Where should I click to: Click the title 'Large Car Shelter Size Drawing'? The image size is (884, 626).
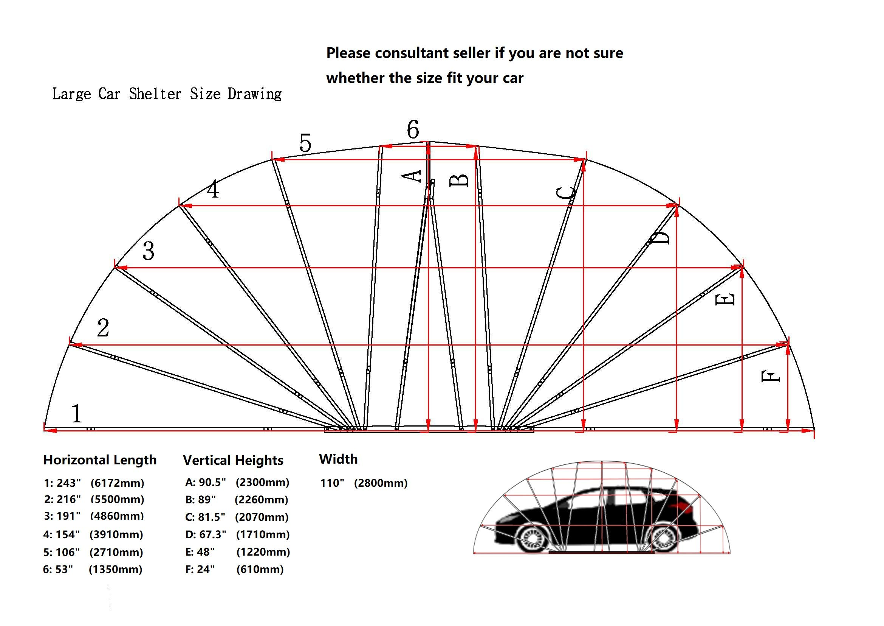(x=167, y=93)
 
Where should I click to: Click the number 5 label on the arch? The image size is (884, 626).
(x=305, y=143)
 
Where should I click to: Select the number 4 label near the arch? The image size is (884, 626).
(x=213, y=189)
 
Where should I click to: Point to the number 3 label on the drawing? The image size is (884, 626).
(x=148, y=251)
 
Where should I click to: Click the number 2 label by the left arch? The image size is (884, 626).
(x=103, y=328)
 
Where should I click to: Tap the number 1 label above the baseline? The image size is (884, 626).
(x=77, y=414)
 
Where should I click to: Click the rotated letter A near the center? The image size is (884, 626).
(x=412, y=176)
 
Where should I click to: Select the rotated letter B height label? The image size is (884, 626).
(x=459, y=180)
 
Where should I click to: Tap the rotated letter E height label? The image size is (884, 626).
(x=725, y=299)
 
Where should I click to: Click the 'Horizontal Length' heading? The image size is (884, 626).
(x=100, y=460)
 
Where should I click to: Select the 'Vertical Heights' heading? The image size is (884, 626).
(x=233, y=460)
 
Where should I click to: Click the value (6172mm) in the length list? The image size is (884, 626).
(x=118, y=483)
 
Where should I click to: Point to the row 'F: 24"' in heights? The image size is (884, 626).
(x=200, y=569)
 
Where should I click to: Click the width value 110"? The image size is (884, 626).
(x=332, y=483)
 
